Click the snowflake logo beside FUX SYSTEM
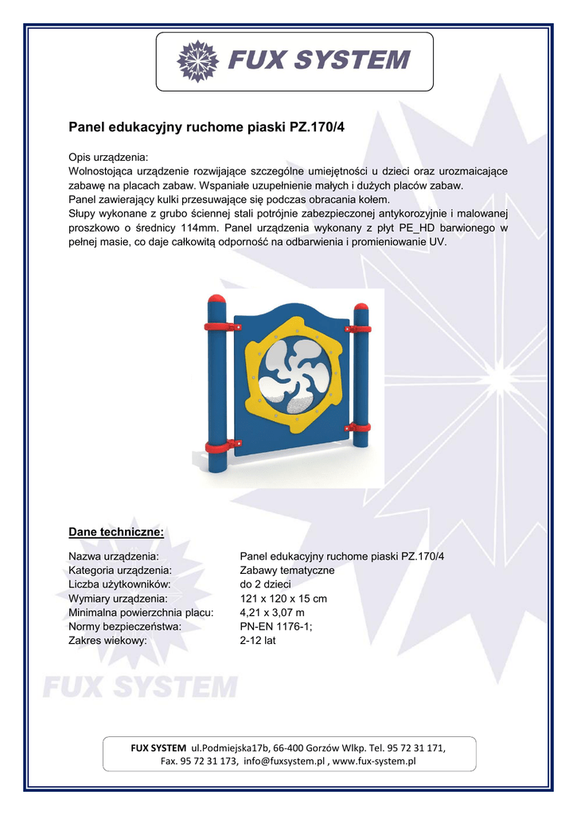click(197, 60)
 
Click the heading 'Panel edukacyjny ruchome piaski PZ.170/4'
click(206, 125)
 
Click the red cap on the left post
click(216, 299)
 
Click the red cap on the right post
click(361, 309)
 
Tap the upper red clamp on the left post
click(220, 326)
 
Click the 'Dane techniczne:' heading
click(116, 531)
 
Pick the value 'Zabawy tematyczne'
click(287, 570)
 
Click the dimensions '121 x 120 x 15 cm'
click(283, 599)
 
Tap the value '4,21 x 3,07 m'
click(271, 612)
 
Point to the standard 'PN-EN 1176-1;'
click(276, 626)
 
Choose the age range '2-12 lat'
click(257, 640)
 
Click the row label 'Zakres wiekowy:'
click(108, 640)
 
